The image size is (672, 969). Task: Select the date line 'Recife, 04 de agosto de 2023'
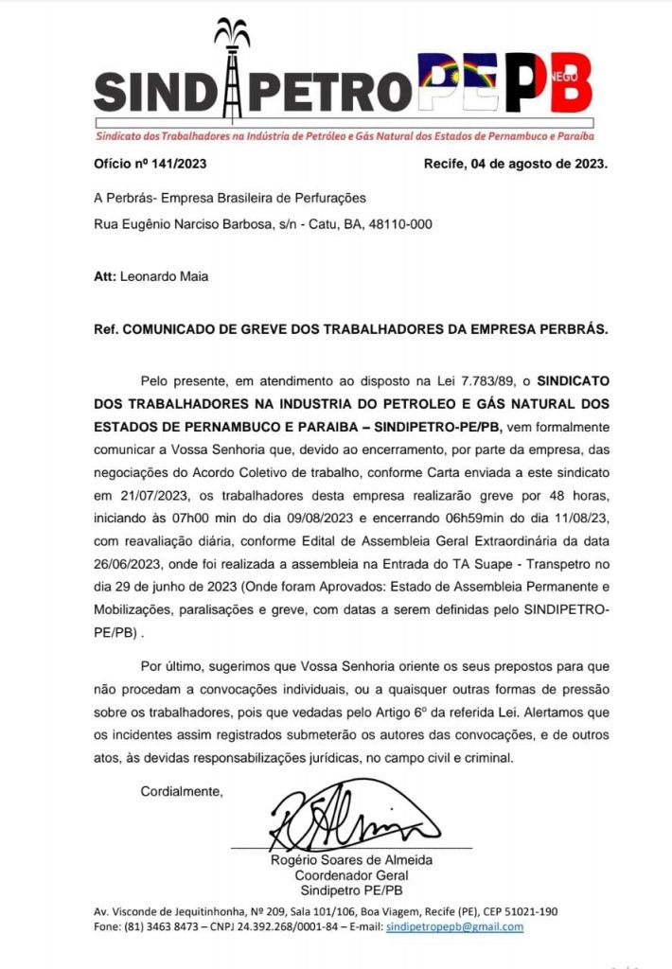point(516,163)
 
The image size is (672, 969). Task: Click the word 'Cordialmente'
point(182,790)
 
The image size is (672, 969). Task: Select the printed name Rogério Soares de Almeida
point(351,861)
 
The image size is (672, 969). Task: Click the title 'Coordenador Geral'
point(351,876)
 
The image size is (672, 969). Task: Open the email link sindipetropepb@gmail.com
point(455,926)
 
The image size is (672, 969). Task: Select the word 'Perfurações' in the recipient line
point(326,198)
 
